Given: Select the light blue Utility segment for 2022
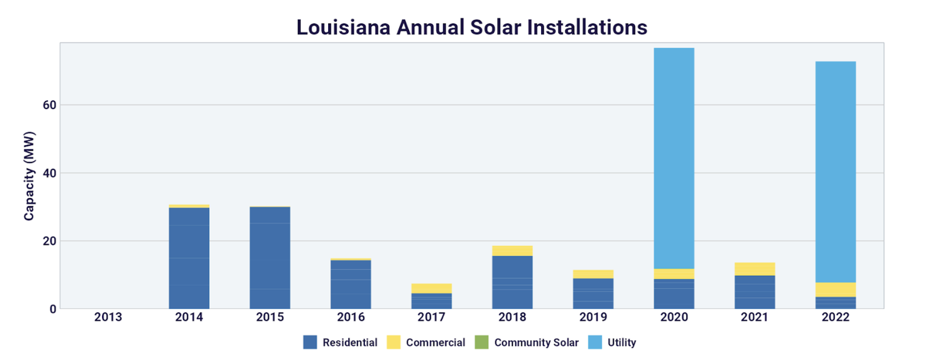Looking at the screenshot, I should (x=836, y=172).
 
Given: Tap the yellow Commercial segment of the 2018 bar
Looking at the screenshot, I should (x=512, y=251).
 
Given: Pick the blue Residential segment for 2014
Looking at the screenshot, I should (x=189, y=258).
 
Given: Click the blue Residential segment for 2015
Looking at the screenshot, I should (x=270, y=258).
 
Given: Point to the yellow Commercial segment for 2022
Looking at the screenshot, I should (x=836, y=290).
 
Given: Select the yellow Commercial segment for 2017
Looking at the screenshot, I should (x=432, y=288).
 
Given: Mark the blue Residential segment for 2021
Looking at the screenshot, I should (x=755, y=292).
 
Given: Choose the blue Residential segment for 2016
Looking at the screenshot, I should (x=351, y=284).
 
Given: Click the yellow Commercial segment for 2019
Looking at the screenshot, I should (x=593, y=274).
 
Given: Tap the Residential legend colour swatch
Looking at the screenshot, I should (x=310, y=342).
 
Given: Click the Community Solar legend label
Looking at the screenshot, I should (x=536, y=342).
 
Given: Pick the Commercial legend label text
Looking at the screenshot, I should (x=435, y=342).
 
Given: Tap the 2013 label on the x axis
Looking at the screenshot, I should (x=108, y=316).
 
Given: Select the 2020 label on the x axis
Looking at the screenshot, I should (x=674, y=316).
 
